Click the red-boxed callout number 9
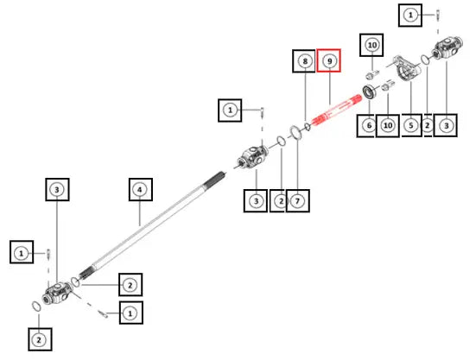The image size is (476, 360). click(x=329, y=60)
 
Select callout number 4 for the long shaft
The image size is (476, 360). click(x=141, y=190)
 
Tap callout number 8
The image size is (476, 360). click(x=304, y=61)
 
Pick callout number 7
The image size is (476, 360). click(x=298, y=201)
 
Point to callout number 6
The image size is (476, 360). click(x=369, y=125)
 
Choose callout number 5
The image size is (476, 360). click(x=411, y=125)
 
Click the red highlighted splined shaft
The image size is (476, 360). click(x=337, y=111)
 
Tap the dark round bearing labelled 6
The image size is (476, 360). click(x=370, y=92)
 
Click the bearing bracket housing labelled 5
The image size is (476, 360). click(x=409, y=69)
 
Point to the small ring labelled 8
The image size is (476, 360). click(x=308, y=126)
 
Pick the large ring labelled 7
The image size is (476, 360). click(x=295, y=132)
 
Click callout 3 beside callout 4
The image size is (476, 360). click(x=57, y=190)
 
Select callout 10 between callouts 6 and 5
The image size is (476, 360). click(x=388, y=125)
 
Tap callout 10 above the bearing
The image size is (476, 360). click(x=371, y=45)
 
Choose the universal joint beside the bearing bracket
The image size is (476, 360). click(x=447, y=47)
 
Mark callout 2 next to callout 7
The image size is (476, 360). click(x=280, y=201)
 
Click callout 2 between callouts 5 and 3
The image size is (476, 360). click(x=428, y=125)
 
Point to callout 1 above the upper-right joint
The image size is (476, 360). click(x=410, y=16)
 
